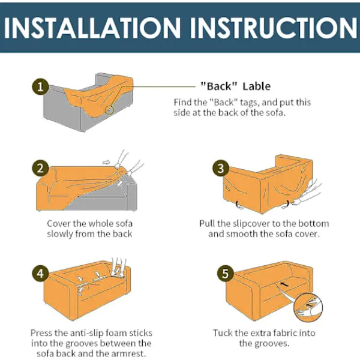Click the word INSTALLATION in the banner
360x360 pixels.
tap(92, 28)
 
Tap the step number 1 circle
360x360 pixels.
tap(40, 87)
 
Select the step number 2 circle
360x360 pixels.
tap(40, 168)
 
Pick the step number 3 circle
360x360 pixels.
tap(221, 168)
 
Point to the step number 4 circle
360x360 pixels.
tap(40, 274)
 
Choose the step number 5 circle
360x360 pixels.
tap(225, 274)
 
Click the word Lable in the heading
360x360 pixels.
tap(257, 86)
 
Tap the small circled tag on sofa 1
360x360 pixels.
tap(110, 110)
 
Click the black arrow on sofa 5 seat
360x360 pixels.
tap(284, 284)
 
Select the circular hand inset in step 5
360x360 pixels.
tap(308, 308)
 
